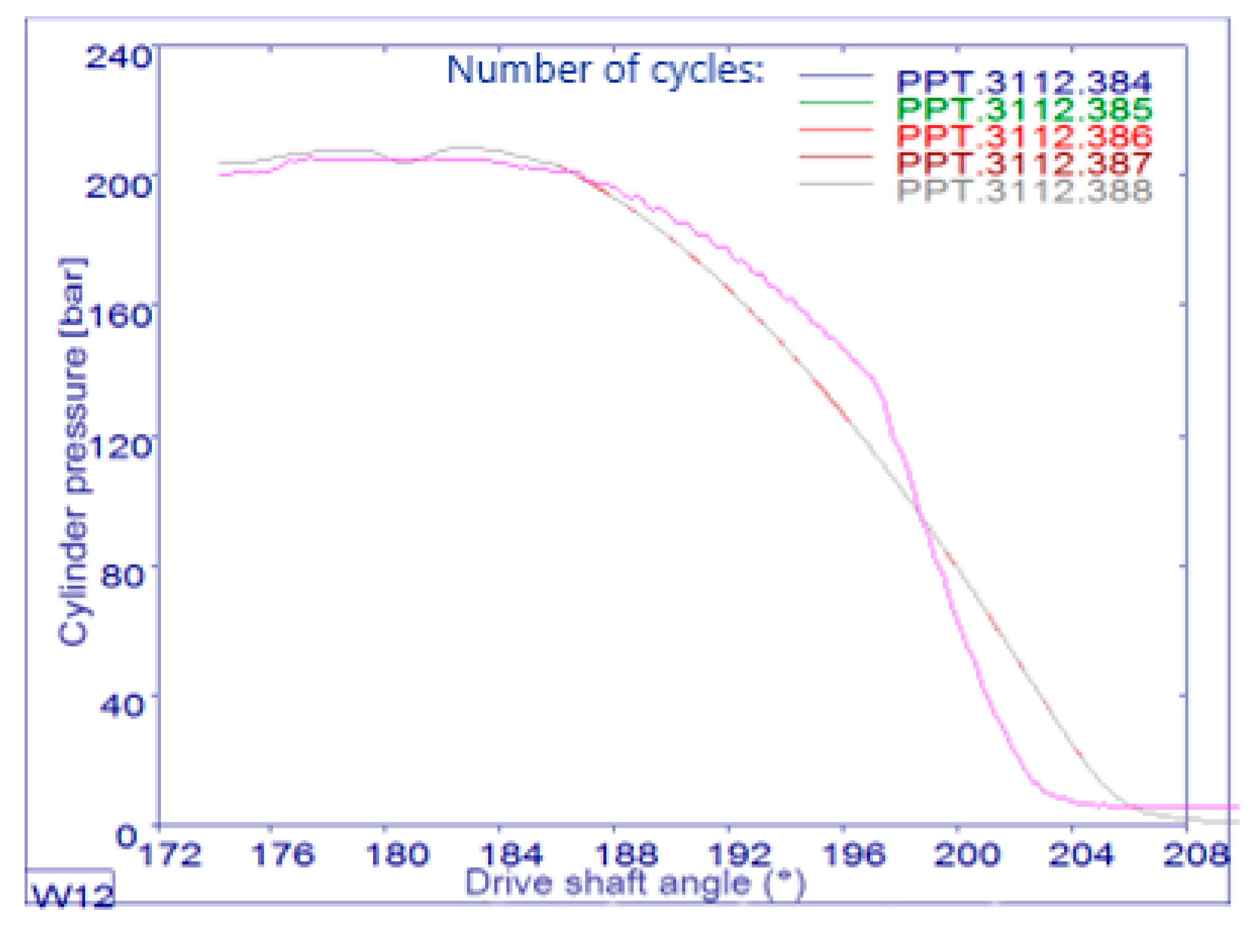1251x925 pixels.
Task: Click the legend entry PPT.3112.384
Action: tap(1023, 82)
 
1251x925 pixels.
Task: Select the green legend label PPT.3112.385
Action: tap(1023, 109)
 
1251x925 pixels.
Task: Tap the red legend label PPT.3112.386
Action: tap(1023, 136)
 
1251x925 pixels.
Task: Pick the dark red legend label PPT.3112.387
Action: tap(1023, 163)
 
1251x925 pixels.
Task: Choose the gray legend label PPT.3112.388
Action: tap(1023, 190)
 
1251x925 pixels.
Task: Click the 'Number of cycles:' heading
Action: tap(605, 70)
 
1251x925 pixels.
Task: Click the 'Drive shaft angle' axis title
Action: tap(635, 883)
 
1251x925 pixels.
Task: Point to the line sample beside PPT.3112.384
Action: tap(836, 76)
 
